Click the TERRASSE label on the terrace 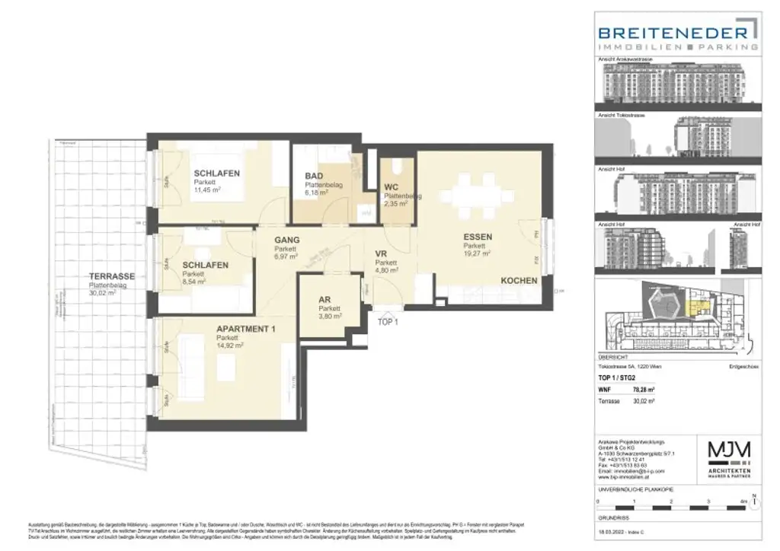[x=111, y=276]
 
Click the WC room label [x=391, y=186]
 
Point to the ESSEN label [x=478, y=237]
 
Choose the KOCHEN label [x=519, y=281]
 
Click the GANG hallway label [x=286, y=240]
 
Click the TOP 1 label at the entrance [x=388, y=321]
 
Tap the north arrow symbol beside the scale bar [x=753, y=501]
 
